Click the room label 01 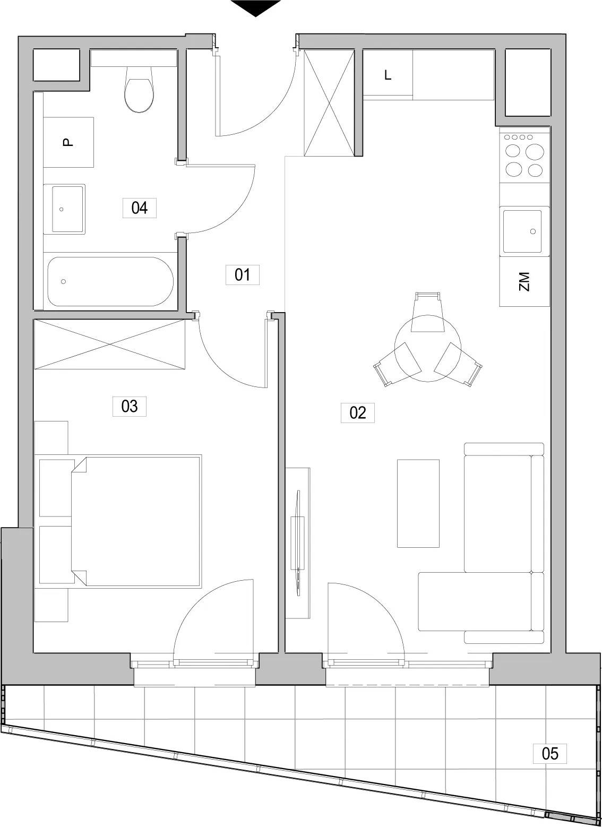[242, 274]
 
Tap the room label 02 [357, 412]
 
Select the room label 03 [129, 406]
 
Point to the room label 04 [139, 208]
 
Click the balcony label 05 [550, 753]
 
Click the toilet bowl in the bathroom [139, 89]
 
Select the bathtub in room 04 [110, 281]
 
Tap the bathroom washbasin [64, 209]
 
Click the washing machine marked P [68, 142]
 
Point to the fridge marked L [388, 75]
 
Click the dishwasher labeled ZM [524, 281]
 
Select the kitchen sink [524, 231]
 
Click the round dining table [428, 348]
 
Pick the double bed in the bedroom [136, 521]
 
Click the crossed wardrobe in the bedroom [109, 344]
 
